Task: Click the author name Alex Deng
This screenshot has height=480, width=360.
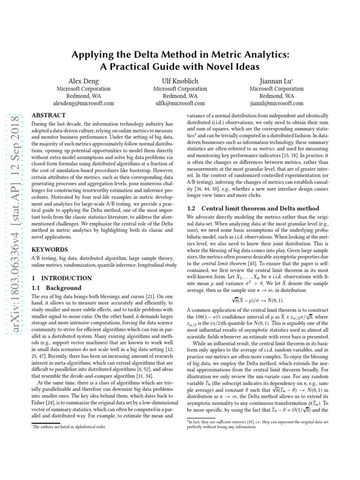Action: pos(83,81)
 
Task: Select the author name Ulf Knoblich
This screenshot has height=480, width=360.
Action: pos(180,81)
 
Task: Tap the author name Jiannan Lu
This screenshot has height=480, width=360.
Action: pos(276,81)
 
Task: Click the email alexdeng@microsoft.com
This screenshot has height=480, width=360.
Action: pos(83,103)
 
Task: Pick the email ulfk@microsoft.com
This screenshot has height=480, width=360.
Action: pos(180,103)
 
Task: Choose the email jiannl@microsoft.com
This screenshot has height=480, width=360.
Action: pos(276,103)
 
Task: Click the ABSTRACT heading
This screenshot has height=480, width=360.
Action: pos(48,115)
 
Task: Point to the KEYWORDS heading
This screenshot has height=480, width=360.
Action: pos(49,250)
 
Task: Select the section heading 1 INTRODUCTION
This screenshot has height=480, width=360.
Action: pos(61,278)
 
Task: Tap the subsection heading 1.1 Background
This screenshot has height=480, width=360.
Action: pos(56,288)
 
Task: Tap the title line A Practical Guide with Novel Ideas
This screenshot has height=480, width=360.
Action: pos(180,67)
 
